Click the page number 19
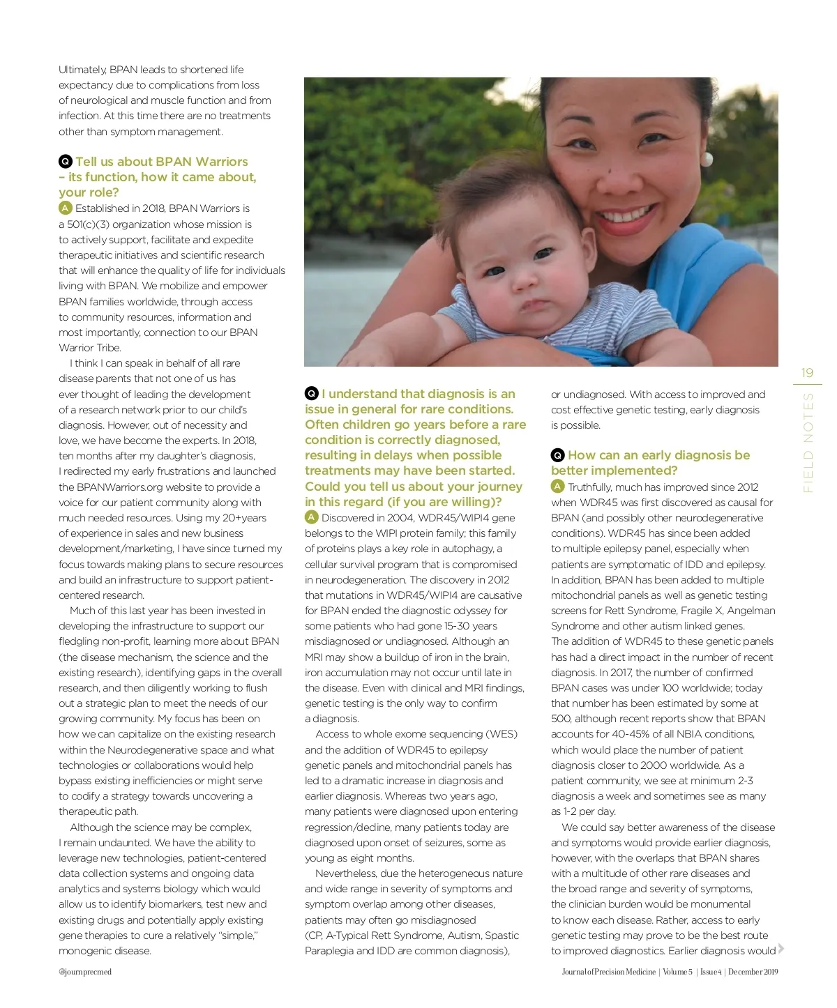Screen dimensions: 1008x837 click(x=807, y=373)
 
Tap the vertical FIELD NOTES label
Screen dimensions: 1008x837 click(x=808, y=443)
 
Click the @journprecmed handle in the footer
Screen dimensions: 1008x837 click(x=85, y=972)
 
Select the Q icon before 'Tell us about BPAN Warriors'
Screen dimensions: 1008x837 click(x=66, y=162)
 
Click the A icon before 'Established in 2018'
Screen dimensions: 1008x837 click(x=66, y=208)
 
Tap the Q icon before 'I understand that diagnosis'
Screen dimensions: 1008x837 click(x=312, y=394)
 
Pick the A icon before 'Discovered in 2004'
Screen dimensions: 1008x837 click(x=312, y=517)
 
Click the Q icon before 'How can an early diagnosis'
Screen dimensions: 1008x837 click(x=557, y=455)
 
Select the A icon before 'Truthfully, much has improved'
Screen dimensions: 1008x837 click(x=557, y=487)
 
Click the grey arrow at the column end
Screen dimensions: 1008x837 click(x=781, y=948)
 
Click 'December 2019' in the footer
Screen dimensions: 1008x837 click(x=753, y=972)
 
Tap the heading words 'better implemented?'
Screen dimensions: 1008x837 click(x=614, y=471)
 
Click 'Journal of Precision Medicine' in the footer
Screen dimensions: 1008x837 click(x=608, y=972)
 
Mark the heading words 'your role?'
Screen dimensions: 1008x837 click(x=89, y=192)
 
